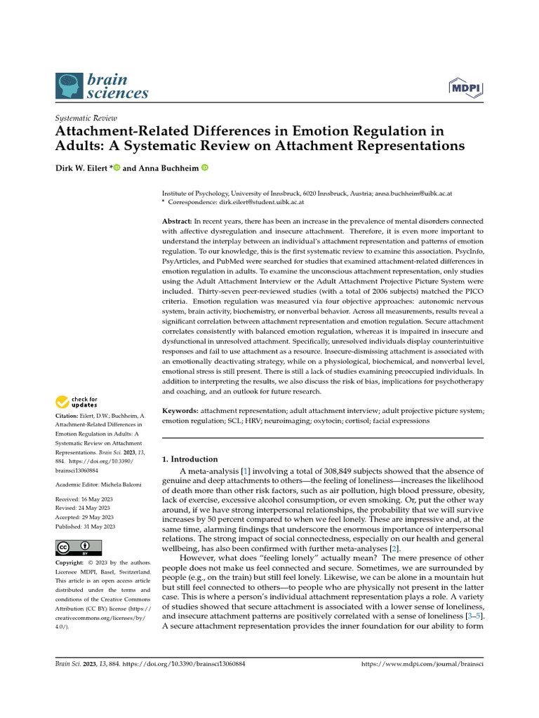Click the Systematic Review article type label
click(x=86, y=118)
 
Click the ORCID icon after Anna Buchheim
click(x=205, y=168)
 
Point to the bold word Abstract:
click(x=178, y=221)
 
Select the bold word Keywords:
click(x=180, y=409)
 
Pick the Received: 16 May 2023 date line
click(x=84, y=499)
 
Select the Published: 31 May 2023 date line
click(x=85, y=527)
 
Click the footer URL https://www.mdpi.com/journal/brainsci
click(x=422, y=663)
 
